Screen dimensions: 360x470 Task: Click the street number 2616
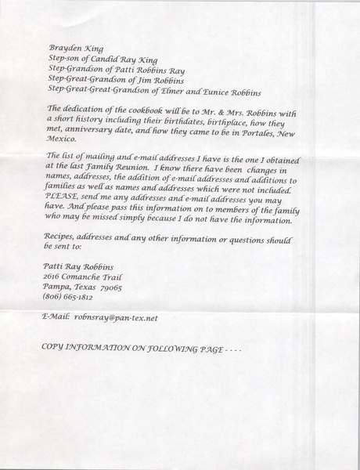pos(56,277)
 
